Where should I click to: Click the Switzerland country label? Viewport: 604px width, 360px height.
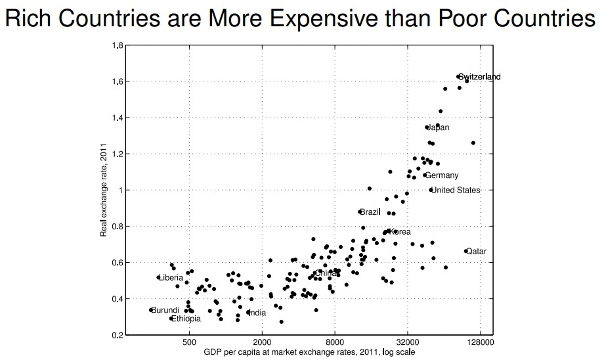click(480, 77)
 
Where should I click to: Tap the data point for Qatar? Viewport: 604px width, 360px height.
click(465, 251)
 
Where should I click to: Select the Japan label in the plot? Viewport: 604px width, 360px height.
click(439, 127)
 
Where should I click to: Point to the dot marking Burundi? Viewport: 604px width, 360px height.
click(151, 310)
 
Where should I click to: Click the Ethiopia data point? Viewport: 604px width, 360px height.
click(171, 319)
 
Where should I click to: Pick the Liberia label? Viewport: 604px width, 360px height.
click(172, 278)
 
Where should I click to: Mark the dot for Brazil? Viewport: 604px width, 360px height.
click(360, 212)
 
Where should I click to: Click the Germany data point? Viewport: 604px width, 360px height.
click(425, 175)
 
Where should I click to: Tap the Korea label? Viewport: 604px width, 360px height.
click(400, 232)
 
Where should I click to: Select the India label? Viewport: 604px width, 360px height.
click(257, 313)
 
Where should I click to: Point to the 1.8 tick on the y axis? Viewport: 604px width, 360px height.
click(118, 45)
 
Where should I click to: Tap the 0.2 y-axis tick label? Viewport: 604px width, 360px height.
click(118, 335)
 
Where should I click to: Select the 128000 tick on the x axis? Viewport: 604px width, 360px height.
click(480, 344)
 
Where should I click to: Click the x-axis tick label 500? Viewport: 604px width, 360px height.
click(189, 344)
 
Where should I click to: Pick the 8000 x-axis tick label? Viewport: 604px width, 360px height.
click(335, 344)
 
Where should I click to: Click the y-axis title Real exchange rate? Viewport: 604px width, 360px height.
click(104, 191)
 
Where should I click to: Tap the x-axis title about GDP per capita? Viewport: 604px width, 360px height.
click(309, 353)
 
